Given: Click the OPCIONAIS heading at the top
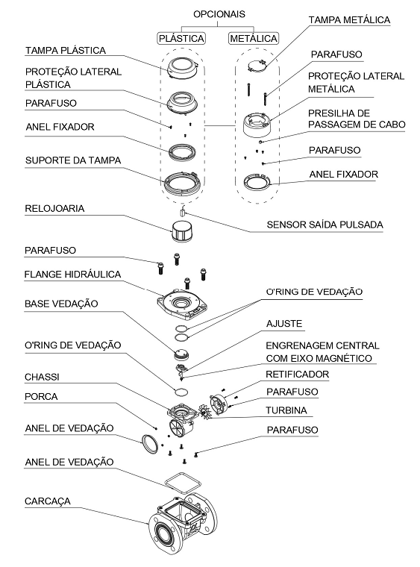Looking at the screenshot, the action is (219, 14).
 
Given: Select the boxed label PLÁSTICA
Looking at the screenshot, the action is (181, 38).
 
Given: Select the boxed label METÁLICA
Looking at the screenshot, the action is (254, 38).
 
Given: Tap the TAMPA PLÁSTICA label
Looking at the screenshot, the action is (66, 50).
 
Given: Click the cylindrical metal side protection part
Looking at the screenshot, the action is (257, 125).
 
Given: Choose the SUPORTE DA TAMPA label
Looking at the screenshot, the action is (73, 160).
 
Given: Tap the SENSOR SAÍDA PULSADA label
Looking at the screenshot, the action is (325, 225).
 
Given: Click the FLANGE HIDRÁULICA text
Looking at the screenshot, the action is (72, 274).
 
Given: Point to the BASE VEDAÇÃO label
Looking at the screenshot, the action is (61, 304).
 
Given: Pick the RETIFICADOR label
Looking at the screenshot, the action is (298, 375).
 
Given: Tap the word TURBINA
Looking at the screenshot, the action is (286, 410).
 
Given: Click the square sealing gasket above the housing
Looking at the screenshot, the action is (183, 483).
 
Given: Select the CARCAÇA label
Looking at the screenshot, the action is (47, 501).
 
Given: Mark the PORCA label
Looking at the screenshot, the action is (41, 396).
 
